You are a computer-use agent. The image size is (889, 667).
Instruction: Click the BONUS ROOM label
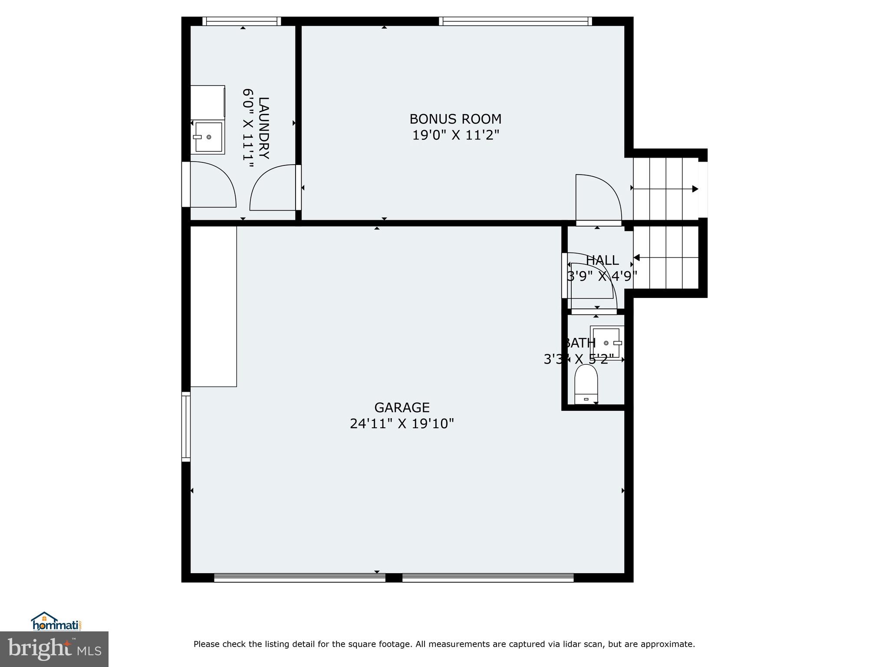[455, 119]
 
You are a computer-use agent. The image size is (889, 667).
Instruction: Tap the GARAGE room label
[402, 407]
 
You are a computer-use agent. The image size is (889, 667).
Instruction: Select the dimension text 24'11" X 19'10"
[402, 423]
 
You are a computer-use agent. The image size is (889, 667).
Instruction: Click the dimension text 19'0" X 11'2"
[455, 135]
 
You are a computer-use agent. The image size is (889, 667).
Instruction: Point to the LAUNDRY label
[263, 128]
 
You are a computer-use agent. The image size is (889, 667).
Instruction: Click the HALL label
[602, 260]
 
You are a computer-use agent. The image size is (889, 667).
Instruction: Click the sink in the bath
[607, 343]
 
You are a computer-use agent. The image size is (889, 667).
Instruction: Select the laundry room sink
[208, 137]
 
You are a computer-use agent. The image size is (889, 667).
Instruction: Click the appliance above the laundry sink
[207, 102]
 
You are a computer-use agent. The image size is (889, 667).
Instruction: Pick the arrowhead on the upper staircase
[695, 189]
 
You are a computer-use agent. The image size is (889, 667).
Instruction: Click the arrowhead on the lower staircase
[637, 258]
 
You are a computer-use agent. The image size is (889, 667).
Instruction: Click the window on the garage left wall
[186, 426]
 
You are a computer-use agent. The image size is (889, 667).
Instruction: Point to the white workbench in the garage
[214, 306]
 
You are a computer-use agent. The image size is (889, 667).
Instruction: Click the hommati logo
[56, 622]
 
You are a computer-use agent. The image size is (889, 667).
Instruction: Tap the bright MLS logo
[54, 649]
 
